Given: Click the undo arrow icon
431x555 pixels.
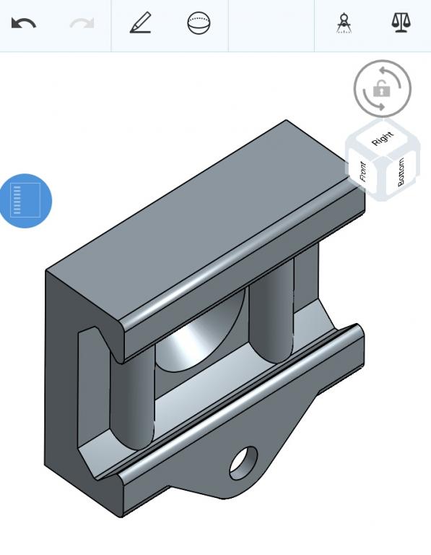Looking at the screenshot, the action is tap(24, 23).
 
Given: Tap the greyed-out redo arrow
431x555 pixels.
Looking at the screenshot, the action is tap(82, 23).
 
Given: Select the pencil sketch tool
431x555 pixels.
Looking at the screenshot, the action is tap(141, 22).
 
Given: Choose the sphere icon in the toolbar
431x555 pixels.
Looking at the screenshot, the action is tap(199, 23).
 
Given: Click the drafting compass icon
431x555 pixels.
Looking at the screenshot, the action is tap(344, 23).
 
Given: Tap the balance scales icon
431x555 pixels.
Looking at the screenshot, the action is tap(401, 23).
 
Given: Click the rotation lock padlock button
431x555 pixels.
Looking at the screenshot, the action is tap(382, 88).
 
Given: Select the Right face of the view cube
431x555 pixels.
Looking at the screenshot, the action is tap(383, 139).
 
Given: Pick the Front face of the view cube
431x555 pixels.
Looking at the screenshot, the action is tap(363, 172).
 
